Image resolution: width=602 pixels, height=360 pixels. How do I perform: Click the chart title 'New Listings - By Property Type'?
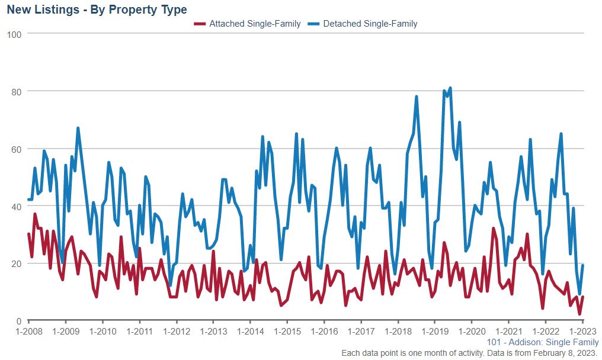coord(97,9)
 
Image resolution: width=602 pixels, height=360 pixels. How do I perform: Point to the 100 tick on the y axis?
coord(14,34)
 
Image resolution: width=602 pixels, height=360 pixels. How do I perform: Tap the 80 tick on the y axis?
coord(17,92)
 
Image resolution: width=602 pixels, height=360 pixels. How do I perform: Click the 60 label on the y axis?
coord(17,149)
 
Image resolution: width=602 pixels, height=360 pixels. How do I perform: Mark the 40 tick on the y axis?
coord(17,207)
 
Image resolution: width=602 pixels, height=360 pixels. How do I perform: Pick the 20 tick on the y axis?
coord(17,263)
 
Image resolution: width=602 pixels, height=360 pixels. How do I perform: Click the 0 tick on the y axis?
coord(19,321)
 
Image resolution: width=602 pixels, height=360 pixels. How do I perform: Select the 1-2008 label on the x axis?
coord(28,332)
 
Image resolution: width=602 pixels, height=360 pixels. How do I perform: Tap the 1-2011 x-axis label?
coord(139,332)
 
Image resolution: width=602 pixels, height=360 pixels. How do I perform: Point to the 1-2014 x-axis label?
coord(249,332)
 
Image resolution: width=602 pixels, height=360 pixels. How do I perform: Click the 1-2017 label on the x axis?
coord(360,332)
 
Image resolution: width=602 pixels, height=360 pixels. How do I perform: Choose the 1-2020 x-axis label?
coord(471,332)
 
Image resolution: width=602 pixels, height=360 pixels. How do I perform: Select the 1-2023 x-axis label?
coord(582,332)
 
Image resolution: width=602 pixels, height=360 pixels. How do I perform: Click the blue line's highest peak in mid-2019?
coord(450,88)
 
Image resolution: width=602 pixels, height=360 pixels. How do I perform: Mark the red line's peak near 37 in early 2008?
coord(35,214)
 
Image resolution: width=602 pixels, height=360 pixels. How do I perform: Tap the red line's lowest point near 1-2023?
coord(579,314)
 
